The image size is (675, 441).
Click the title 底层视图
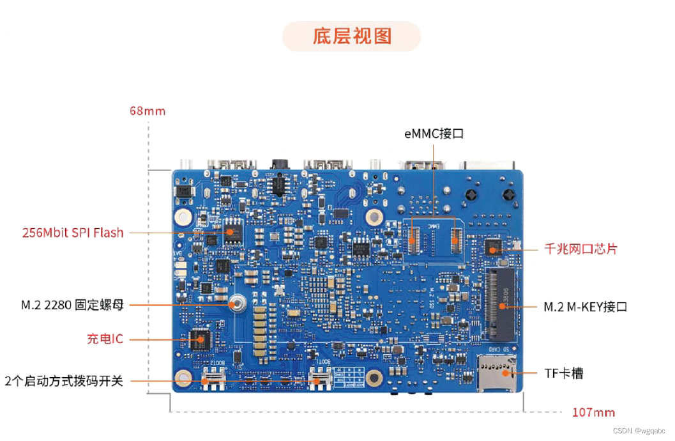351,36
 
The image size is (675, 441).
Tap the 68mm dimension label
148,111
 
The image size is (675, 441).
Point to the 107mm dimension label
593,412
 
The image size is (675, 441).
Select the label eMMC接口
434,134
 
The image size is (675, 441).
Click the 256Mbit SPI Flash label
73,233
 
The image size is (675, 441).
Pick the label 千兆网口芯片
580,249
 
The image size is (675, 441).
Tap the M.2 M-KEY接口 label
585,307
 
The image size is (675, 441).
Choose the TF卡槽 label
563,373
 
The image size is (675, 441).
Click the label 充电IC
105,339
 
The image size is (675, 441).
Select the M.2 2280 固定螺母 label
72,306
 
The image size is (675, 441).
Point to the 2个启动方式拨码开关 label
63,381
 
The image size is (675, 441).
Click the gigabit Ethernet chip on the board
492,248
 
